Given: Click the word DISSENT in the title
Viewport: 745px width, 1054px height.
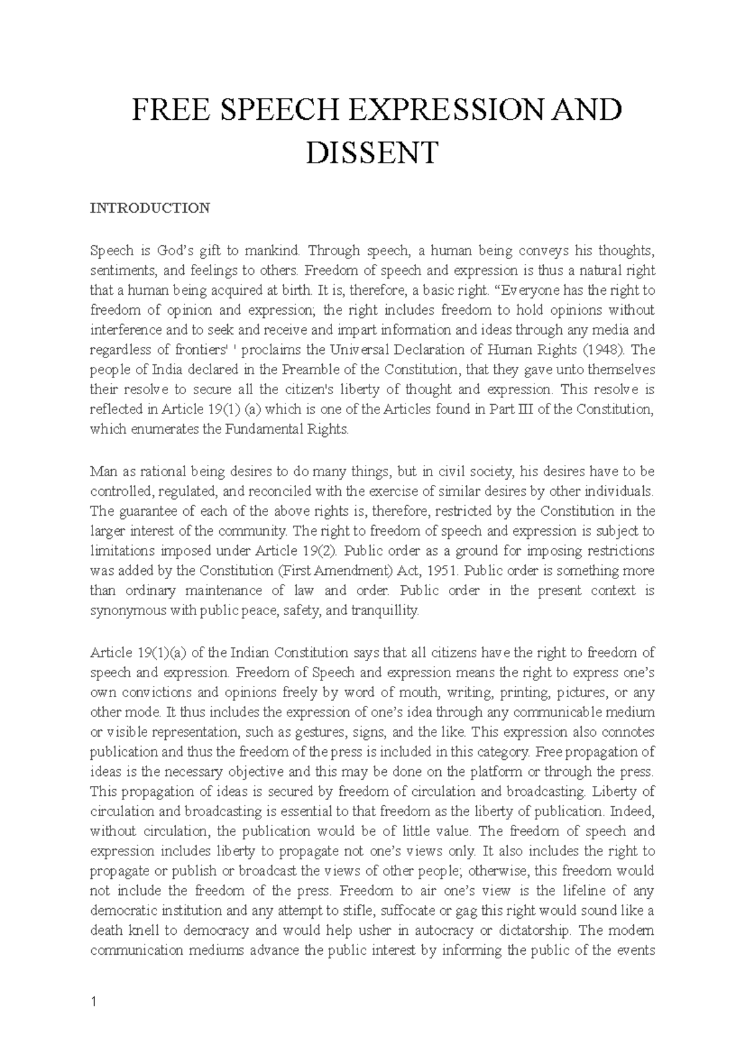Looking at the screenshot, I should (x=372, y=153).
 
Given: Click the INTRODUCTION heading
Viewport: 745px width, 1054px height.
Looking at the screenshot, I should (x=150, y=207).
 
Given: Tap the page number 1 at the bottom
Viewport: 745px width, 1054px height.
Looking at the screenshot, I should (x=93, y=1001).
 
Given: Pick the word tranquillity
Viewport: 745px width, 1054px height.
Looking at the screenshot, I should (x=385, y=610).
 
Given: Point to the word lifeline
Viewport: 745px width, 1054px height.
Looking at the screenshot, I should (x=585, y=891).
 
